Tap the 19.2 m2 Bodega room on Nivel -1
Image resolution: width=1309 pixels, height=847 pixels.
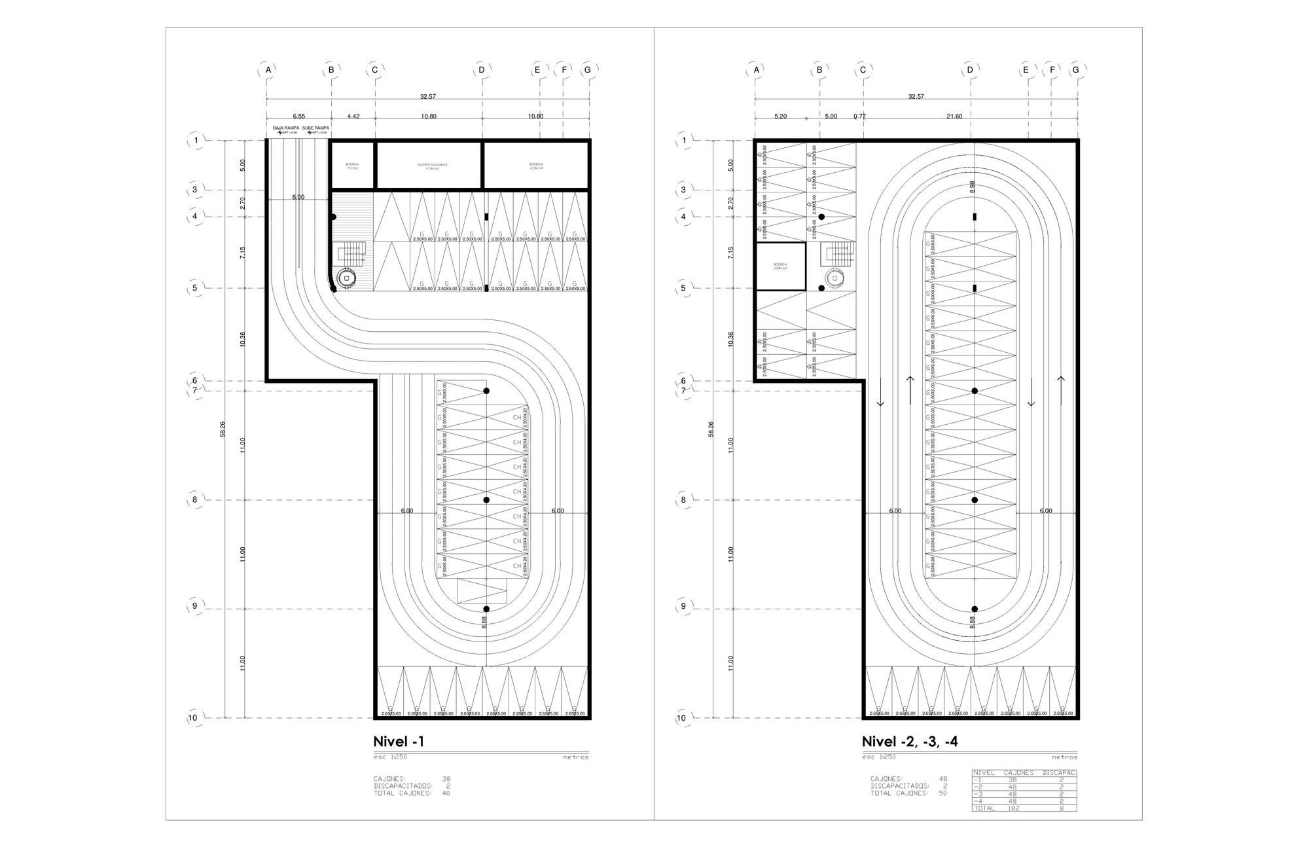pos(351,166)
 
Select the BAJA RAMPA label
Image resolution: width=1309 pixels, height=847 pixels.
pos(286,128)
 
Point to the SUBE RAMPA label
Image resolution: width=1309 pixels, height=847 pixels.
pos(315,128)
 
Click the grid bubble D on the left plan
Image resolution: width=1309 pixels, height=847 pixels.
pos(482,69)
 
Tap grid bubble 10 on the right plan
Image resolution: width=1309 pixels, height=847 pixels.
pos(681,718)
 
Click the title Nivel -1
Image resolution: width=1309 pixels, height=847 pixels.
pos(399,742)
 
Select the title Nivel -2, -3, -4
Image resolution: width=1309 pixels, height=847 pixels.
pos(910,742)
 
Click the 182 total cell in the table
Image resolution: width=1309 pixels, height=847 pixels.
pos(1011,808)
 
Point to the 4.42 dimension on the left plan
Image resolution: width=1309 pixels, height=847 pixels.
pos(353,117)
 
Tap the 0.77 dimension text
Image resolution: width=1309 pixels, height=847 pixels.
pos(859,117)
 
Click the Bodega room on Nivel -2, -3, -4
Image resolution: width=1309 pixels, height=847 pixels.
pos(780,266)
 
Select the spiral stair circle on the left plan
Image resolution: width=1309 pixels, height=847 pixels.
pos(347,278)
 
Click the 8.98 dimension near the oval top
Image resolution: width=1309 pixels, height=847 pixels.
pos(972,187)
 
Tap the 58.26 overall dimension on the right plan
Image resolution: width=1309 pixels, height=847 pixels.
pos(711,429)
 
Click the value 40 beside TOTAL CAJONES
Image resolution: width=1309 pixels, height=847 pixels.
pos(446,793)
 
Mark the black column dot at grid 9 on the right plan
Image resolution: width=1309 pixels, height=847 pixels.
pos(975,609)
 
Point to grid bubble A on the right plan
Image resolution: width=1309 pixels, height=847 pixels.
pos(756,69)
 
